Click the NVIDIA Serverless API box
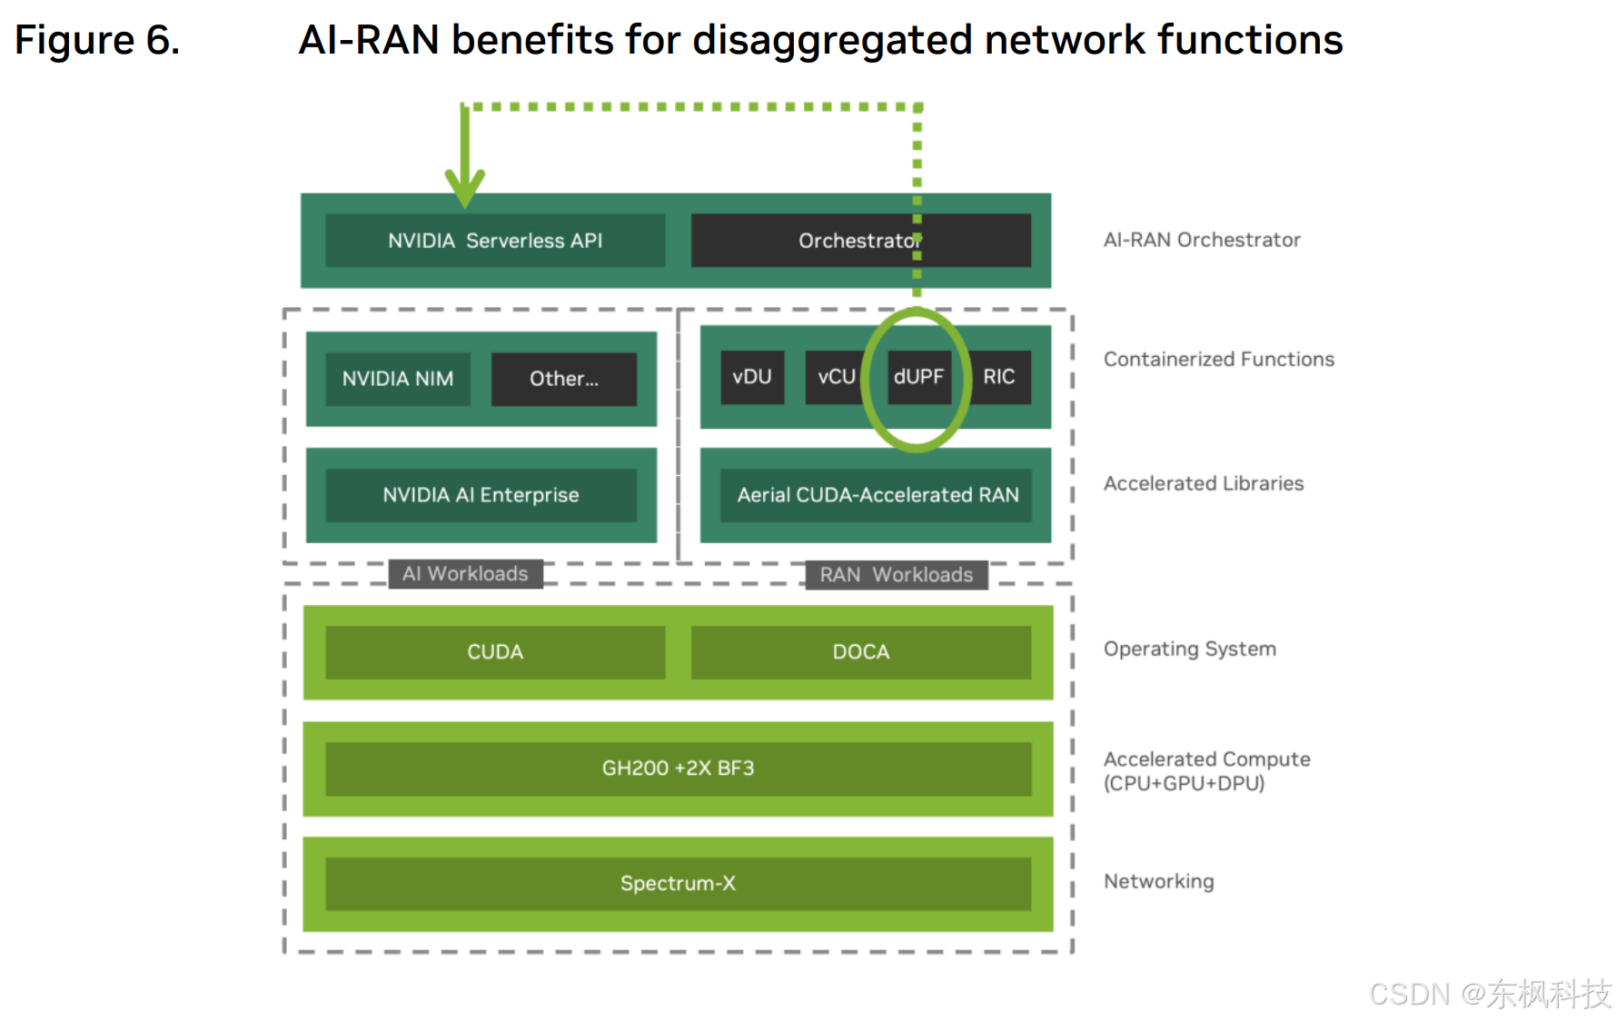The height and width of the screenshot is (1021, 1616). tap(495, 241)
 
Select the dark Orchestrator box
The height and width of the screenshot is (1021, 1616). tap(859, 241)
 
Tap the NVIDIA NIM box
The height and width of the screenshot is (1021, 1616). tap(398, 379)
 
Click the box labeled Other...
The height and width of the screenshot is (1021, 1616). tap(563, 379)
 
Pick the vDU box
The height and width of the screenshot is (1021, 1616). tap(752, 377)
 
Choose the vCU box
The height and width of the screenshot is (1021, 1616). tap(835, 377)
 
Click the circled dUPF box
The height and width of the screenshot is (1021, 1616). tap(918, 377)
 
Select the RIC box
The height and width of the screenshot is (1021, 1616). tap(999, 377)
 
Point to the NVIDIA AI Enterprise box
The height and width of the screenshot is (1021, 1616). tap(481, 495)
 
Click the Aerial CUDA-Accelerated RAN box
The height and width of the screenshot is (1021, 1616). tap(877, 495)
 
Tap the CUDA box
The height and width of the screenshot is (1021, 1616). tap(495, 652)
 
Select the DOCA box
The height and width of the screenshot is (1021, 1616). tap(860, 652)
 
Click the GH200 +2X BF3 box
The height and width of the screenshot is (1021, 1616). tap(678, 768)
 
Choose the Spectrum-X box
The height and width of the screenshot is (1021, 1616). tap(678, 883)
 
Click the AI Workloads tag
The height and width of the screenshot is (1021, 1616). tap(465, 574)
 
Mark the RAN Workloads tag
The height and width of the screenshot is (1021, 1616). tap(897, 575)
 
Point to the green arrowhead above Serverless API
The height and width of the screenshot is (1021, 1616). tap(464, 186)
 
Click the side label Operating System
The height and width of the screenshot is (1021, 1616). tap(1189, 649)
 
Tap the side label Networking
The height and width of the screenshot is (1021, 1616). tap(1158, 881)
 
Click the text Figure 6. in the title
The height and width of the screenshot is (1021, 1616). tap(97, 41)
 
